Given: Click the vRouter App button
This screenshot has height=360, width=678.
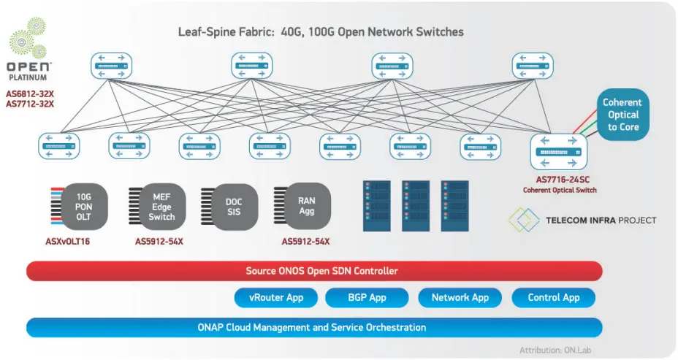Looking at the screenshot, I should click(278, 298).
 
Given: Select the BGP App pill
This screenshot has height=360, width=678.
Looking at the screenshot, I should click(367, 298).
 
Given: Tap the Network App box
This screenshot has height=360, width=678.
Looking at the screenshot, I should click(460, 298).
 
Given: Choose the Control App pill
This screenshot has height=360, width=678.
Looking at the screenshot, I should click(553, 298).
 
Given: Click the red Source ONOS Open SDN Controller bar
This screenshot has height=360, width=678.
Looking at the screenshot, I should click(314, 271).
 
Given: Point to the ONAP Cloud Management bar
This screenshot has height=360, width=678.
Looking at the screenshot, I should click(314, 327).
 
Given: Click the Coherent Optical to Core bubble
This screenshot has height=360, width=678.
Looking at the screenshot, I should click(622, 115).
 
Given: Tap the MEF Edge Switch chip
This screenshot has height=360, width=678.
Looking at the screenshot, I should click(161, 207).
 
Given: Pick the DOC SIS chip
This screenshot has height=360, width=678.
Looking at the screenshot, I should click(232, 207).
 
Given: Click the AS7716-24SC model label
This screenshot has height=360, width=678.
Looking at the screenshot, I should click(560, 180).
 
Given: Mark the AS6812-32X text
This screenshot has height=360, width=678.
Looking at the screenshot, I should click(30, 93).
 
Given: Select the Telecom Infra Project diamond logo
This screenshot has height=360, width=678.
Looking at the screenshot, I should click(523, 220).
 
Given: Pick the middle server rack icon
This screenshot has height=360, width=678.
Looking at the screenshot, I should click(414, 207).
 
